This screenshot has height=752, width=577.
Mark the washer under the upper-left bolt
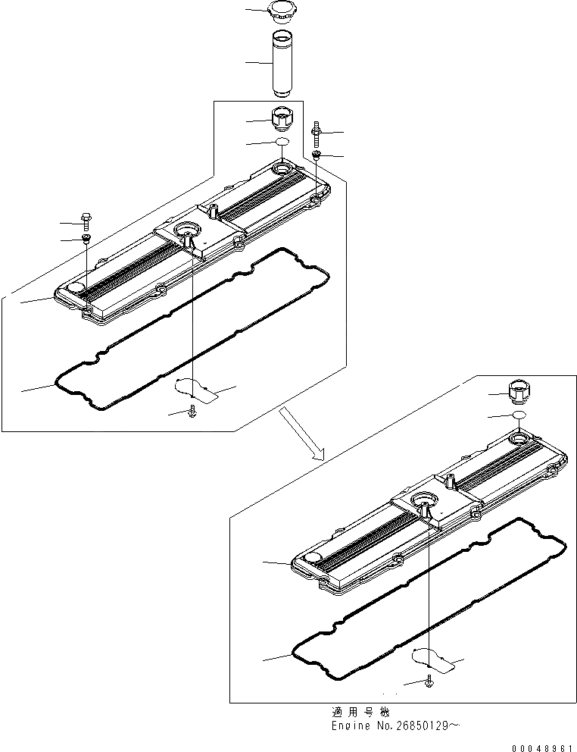click(87, 240)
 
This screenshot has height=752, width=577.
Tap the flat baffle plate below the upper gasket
click(196, 388)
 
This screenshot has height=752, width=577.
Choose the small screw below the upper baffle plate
click(192, 412)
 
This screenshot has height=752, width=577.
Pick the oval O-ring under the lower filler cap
click(519, 415)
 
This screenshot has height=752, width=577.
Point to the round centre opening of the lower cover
click(423, 498)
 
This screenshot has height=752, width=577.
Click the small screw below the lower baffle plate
click(430, 682)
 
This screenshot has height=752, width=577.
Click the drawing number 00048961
click(542, 747)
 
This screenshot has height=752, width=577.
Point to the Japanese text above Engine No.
click(360, 713)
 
